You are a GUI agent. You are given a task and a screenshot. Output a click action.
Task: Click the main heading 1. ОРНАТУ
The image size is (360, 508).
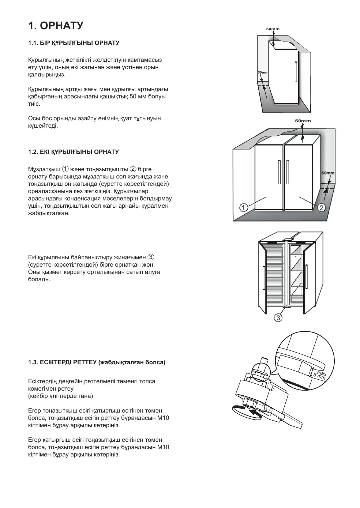[x=56, y=26]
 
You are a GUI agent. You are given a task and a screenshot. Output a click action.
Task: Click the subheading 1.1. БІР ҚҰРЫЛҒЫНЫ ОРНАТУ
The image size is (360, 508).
[x=74, y=43]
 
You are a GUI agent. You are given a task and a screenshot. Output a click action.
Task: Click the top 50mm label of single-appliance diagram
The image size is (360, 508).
[x=273, y=29]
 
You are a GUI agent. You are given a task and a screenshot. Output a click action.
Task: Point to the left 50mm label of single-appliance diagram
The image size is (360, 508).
[x=263, y=72]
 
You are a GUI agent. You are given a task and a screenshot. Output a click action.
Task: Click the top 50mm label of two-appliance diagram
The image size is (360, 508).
[x=303, y=121]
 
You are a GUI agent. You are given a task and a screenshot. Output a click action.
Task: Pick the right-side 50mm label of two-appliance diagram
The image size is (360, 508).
[x=328, y=173]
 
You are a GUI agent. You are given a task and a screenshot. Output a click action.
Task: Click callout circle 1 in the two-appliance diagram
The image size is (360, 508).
[x=243, y=207]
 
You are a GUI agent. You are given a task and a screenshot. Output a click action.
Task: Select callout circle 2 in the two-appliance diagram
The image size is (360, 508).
[x=322, y=208]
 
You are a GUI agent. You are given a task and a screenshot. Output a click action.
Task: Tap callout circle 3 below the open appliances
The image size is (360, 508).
[x=278, y=318]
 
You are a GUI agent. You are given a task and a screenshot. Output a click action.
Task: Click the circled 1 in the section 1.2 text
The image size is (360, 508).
[x=65, y=169]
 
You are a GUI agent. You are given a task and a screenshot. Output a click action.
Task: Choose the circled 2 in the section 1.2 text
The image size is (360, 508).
[x=133, y=169]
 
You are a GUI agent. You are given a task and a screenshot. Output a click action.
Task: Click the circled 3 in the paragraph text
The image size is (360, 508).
[x=151, y=257]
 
